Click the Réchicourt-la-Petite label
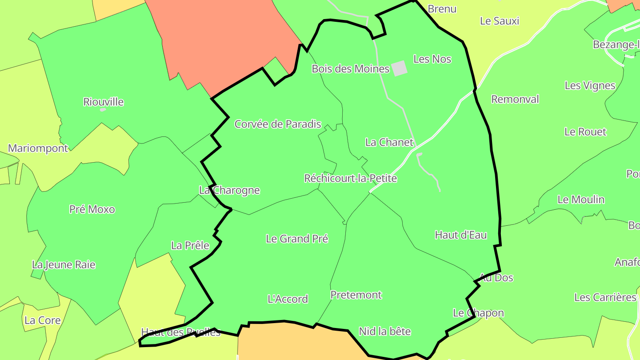click(350, 179)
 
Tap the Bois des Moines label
click(350, 69)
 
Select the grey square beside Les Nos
click(399, 68)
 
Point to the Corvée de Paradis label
click(278, 124)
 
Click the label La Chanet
click(389, 142)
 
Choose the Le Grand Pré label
click(297, 239)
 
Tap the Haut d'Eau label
click(461, 235)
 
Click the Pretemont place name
click(356, 295)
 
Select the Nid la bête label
click(385, 331)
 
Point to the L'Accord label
click(288, 299)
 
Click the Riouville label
click(104, 102)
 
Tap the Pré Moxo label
click(92, 209)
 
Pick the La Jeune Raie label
click(64, 265)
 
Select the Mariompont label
click(38, 148)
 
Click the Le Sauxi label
click(500, 21)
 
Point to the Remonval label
click(515, 99)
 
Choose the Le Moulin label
click(581, 200)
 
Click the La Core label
click(43, 320)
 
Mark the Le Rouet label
click(585, 132)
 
